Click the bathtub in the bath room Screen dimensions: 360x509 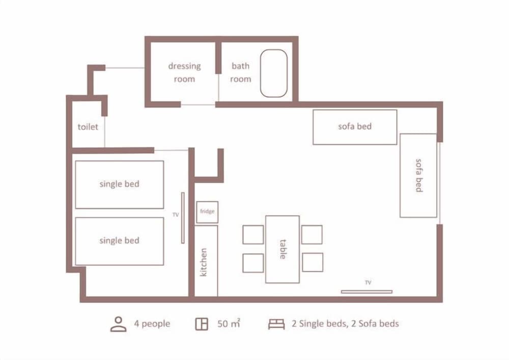274,73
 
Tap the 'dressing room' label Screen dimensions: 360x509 184,72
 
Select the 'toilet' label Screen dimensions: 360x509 88,127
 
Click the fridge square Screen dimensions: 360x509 207,212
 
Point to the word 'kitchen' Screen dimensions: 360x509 204,262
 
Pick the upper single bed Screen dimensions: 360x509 120,184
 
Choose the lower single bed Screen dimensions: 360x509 120,241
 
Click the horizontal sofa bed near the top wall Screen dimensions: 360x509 355,127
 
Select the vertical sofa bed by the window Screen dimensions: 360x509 418,175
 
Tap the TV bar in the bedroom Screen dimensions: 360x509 182,218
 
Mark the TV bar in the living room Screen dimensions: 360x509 366,292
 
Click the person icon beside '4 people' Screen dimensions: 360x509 119,324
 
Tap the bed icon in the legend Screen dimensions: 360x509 276,324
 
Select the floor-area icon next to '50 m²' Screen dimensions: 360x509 202,324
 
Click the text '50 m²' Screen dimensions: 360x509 229,323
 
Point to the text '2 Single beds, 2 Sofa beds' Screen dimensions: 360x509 345,323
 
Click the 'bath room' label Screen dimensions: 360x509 241,72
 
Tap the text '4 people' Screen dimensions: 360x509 152,323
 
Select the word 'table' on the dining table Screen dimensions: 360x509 282,250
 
